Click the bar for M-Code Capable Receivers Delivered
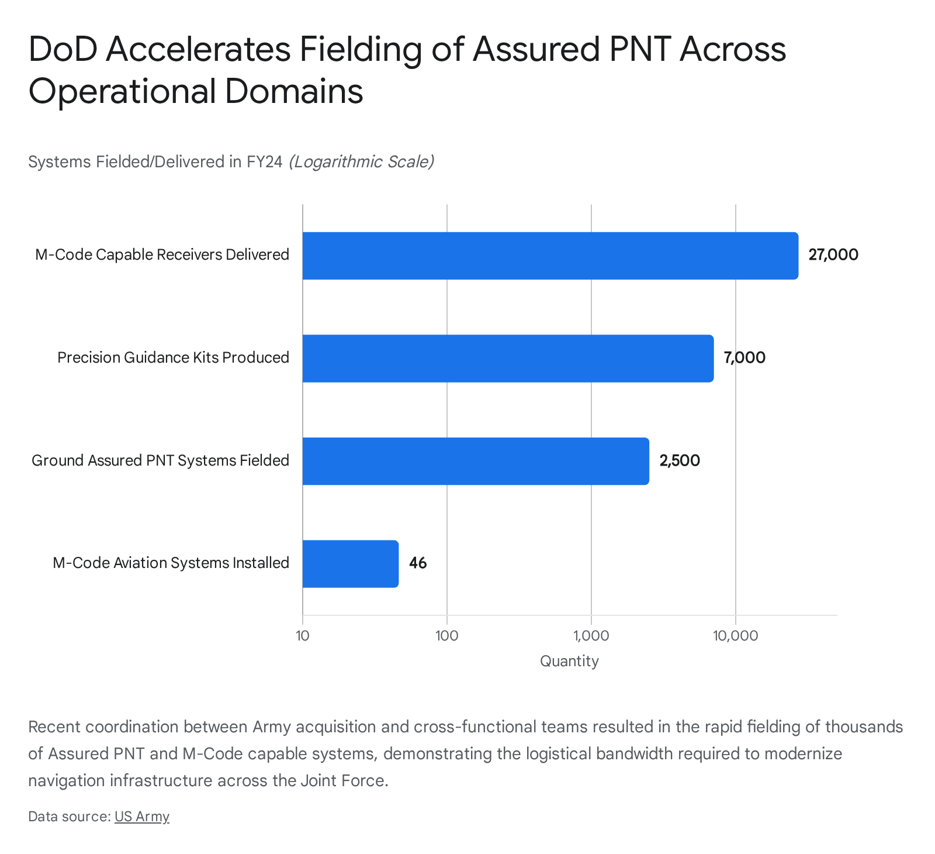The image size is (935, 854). point(550,256)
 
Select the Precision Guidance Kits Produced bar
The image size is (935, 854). point(508,359)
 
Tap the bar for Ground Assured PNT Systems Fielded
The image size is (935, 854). point(476,461)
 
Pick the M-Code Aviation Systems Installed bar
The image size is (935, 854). point(351,564)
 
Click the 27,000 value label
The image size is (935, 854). point(833,255)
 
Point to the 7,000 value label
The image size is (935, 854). point(744,358)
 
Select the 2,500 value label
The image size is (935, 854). point(680,461)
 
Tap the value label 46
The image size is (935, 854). point(418,563)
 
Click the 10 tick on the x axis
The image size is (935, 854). point(302,636)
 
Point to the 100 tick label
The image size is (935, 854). point(446,636)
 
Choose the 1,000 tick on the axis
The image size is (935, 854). point(591,636)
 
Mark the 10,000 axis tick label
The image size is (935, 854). point(735,636)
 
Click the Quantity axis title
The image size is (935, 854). point(569,662)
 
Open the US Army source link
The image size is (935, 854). point(142,817)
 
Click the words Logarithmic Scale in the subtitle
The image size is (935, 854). point(362,161)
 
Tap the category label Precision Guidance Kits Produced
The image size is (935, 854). point(173,357)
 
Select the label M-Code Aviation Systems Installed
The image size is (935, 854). point(171,563)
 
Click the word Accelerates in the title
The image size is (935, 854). point(199,49)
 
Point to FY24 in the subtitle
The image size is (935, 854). point(264,161)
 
